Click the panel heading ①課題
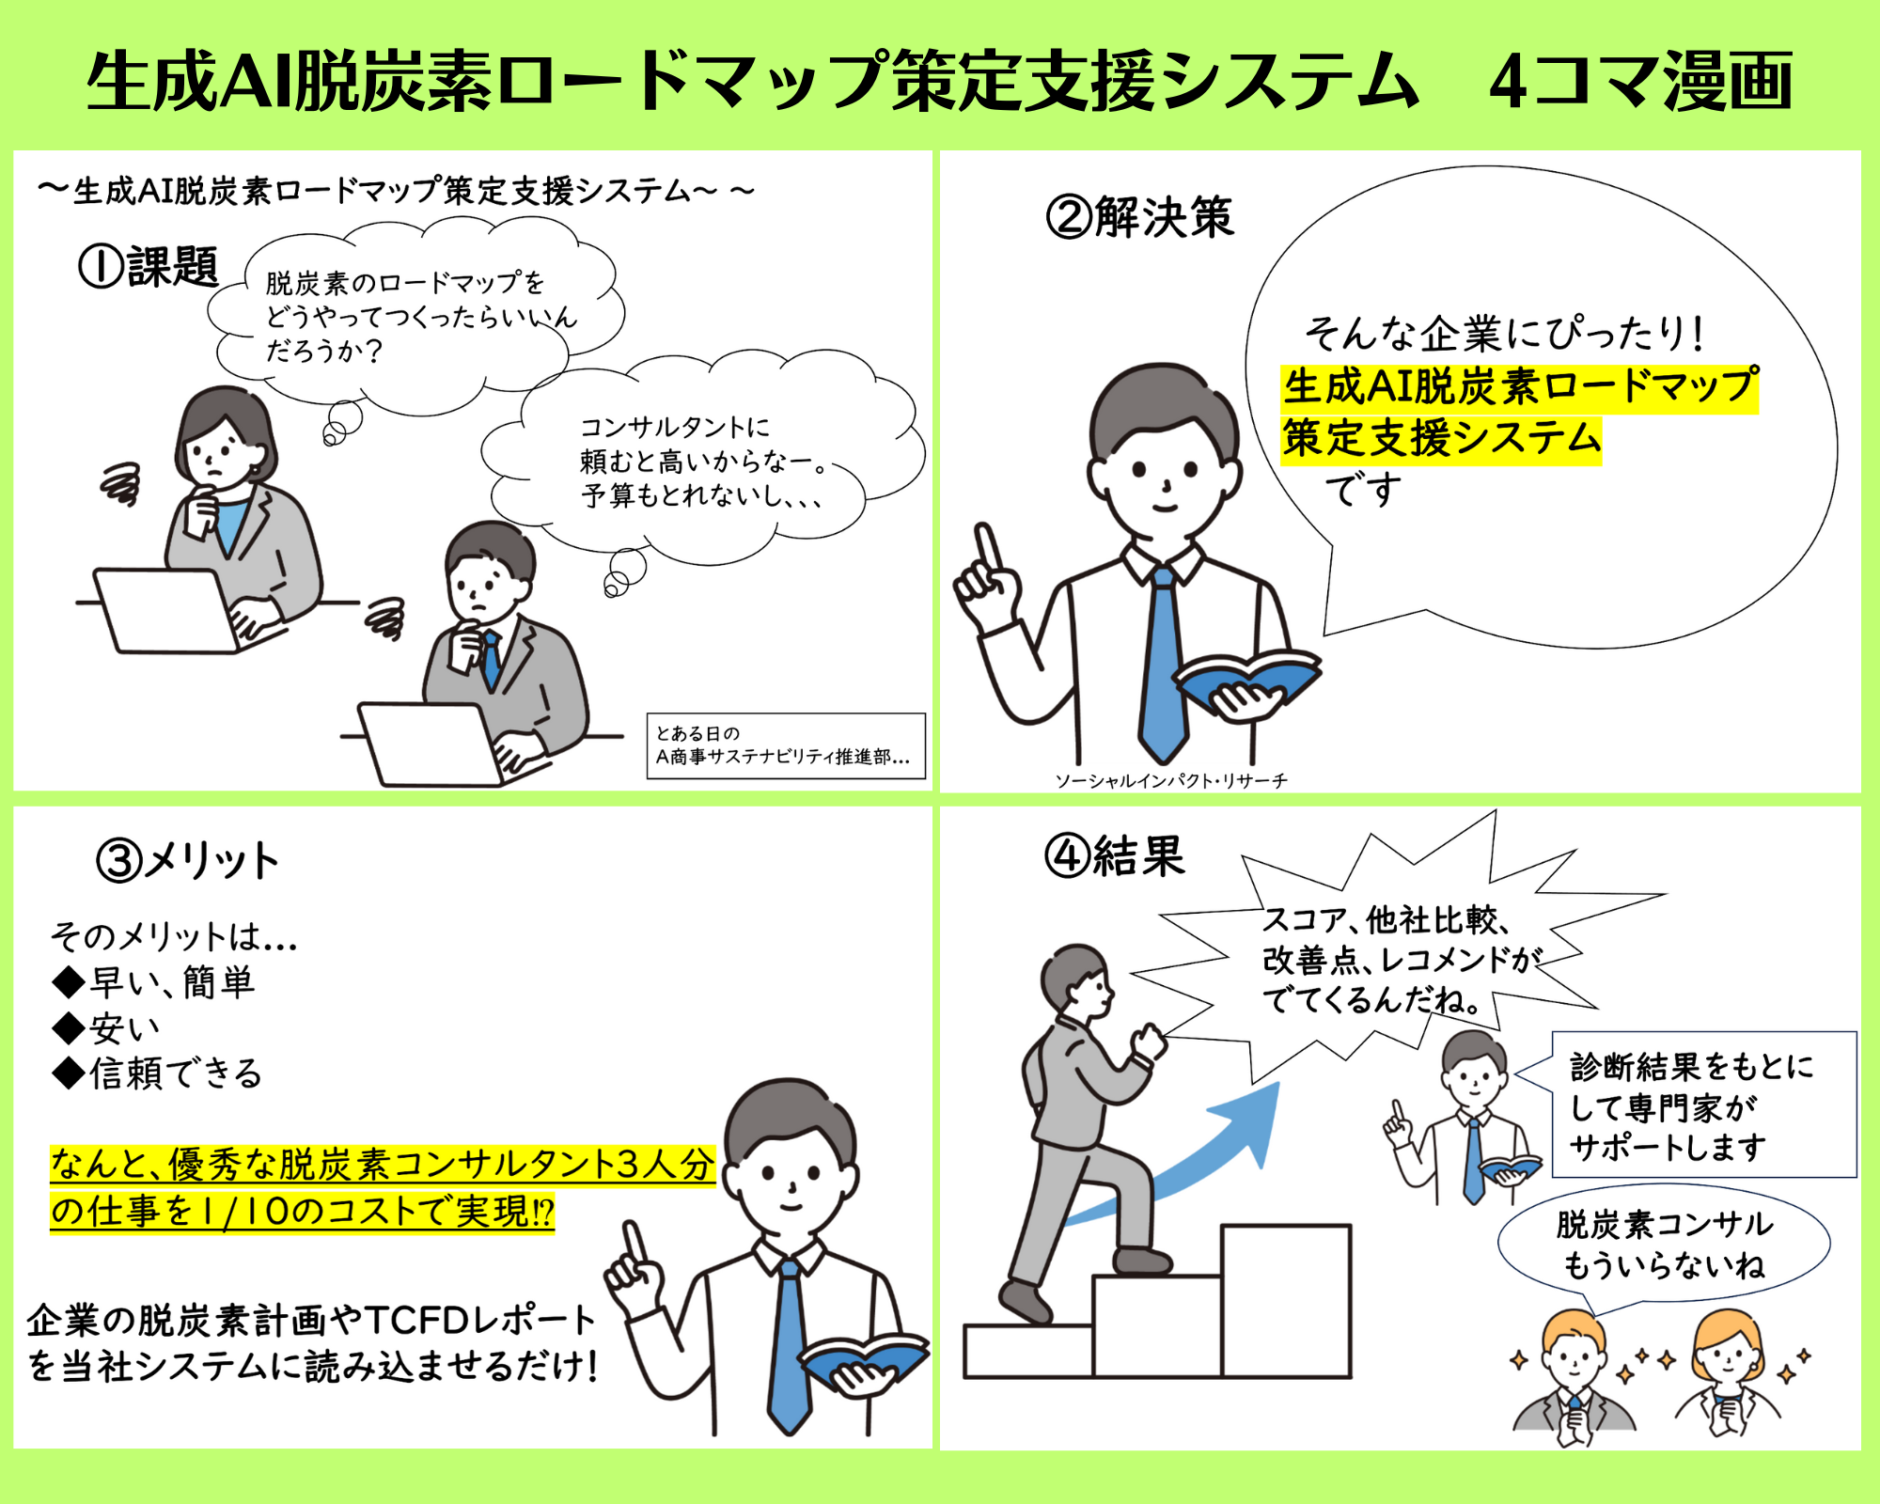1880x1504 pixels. point(149,266)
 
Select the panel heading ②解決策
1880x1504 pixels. point(1139,217)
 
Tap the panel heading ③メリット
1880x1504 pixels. point(188,860)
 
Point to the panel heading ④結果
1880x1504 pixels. point(1115,856)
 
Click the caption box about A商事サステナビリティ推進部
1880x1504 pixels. point(786,746)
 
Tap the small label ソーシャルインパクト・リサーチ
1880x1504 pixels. point(1171,780)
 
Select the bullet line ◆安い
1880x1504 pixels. point(106,1028)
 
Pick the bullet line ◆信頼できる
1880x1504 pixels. point(157,1073)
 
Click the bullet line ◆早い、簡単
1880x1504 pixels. point(153,982)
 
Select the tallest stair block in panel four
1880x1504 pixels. point(1286,1301)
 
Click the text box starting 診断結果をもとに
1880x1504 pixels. point(1703,1104)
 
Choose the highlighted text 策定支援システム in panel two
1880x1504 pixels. point(1442,439)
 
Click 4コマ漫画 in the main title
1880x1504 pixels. point(1640,82)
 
